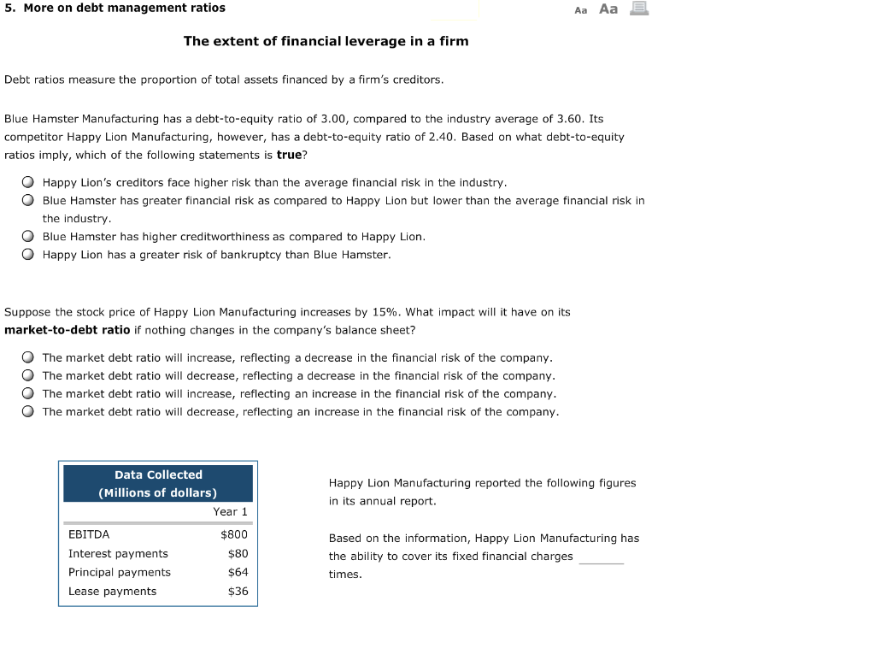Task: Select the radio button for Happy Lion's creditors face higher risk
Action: click(28, 183)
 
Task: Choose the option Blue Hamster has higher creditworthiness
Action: click(28, 237)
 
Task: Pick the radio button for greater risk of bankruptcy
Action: click(28, 255)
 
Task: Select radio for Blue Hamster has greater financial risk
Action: click(28, 201)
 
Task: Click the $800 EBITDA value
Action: click(234, 535)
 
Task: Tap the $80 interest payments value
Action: click(238, 554)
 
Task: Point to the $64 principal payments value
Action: click(238, 573)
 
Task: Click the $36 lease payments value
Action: click(238, 592)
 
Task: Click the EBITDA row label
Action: click(89, 535)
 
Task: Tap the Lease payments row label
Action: click(112, 592)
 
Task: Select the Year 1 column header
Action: click(230, 512)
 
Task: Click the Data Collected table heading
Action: click(158, 475)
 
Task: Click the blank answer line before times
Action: click(601, 558)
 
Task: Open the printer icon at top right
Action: click(639, 9)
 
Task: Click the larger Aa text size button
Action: click(608, 9)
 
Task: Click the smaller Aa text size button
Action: click(581, 10)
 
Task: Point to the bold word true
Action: click(289, 156)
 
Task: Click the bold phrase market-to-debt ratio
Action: click(68, 330)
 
